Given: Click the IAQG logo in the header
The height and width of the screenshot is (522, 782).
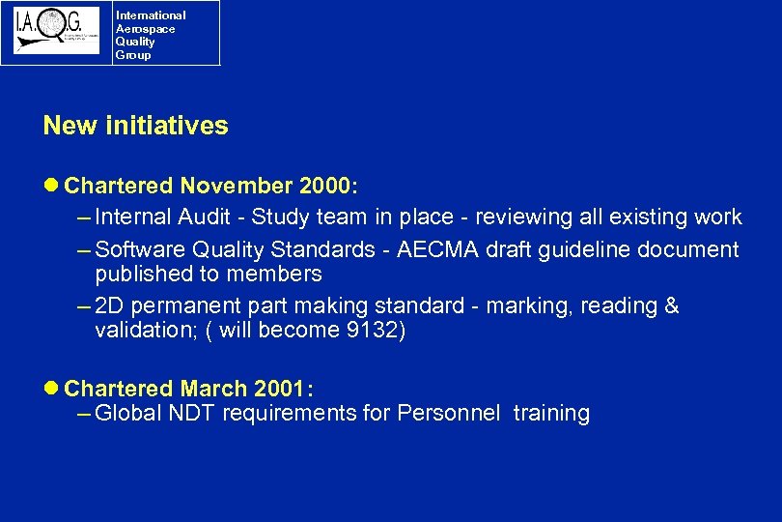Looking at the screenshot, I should click(56, 31).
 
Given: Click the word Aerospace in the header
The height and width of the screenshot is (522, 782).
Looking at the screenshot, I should click(145, 29).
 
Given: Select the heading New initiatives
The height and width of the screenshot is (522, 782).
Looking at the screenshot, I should click(135, 126).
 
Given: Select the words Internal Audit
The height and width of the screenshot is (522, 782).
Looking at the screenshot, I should click(160, 217).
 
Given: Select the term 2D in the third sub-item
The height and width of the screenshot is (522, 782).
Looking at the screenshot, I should click(110, 306).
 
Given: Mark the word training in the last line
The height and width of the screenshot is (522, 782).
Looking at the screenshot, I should click(551, 414).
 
